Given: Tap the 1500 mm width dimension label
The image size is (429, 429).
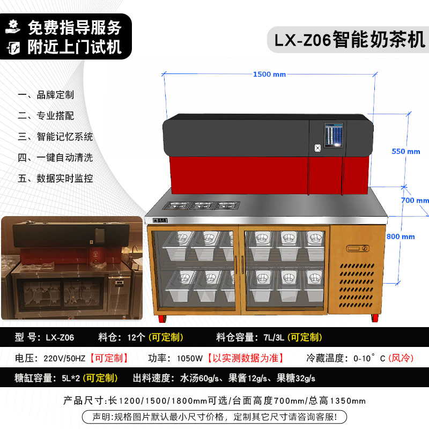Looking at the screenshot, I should pyautogui.click(x=269, y=75).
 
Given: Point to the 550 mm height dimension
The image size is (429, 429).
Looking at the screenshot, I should pyautogui.click(x=406, y=151).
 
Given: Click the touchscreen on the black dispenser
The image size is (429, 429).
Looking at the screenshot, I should pyautogui.click(x=334, y=136).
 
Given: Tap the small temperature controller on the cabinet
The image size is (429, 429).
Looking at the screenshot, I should pyautogui.click(x=358, y=249).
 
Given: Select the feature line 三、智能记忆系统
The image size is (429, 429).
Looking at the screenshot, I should pyautogui.click(x=56, y=137).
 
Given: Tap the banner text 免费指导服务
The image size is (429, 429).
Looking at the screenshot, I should pyautogui.click(x=75, y=27).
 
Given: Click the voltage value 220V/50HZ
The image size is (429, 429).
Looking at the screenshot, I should pyautogui.click(x=64, y=358).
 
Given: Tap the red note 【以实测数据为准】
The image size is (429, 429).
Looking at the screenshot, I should pyautogui.click(x=246, y=358).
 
